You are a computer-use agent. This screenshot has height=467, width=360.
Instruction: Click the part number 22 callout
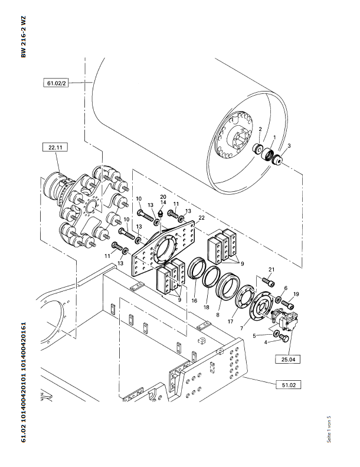pyautogui.click(x=201, y=218)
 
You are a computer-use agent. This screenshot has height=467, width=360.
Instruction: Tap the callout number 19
pyautogui.click(x=296, y=293)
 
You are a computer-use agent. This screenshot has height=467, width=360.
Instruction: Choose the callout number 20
pyautogui.click(x=163, y=197)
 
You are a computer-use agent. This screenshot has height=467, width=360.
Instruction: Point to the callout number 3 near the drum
pyautogui.click(x=289, y=145)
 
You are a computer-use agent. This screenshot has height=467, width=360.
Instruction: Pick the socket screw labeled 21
pyautogui.click(x=266, y=282)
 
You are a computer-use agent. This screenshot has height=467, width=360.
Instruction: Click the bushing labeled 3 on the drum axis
pyautogui.click(x=279, y=160)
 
